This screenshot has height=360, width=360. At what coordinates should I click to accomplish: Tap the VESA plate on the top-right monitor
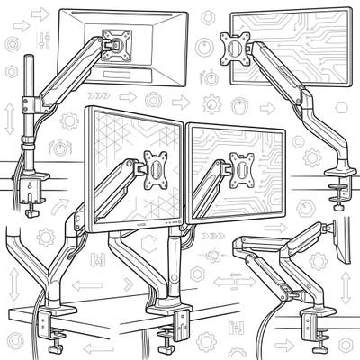pyautogui.click(x=236, y=43)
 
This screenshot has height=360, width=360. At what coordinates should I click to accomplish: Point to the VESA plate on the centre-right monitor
pyautogui.click(x=241, y=167)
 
